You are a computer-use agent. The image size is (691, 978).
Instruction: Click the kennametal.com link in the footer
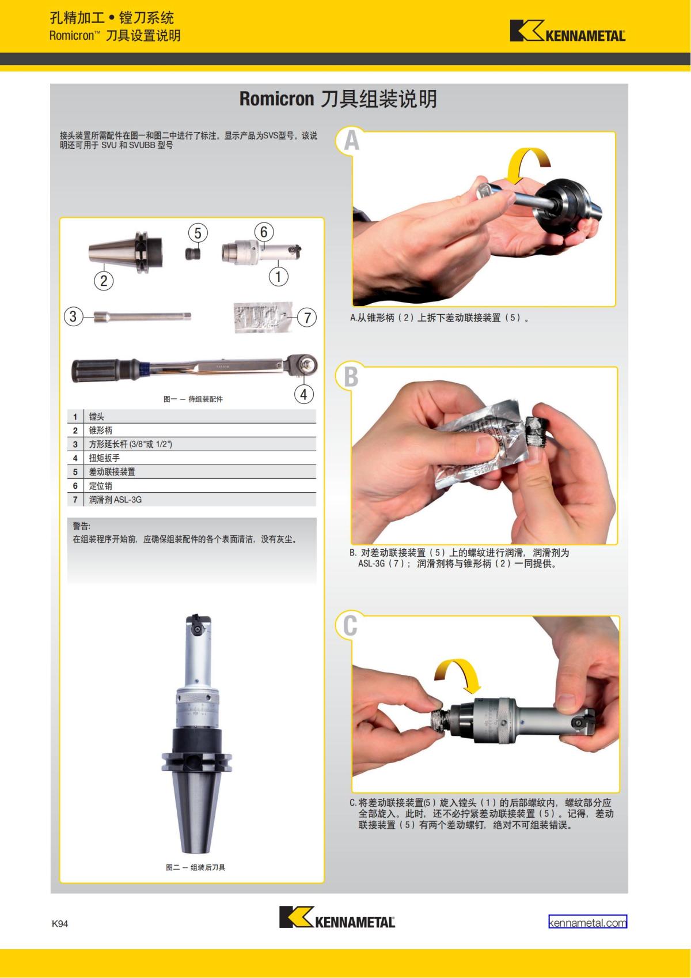[x=587, y=922]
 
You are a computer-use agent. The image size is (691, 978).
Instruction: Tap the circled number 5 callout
[x=198, y=233]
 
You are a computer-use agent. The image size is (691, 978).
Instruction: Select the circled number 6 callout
[x=264, y=232]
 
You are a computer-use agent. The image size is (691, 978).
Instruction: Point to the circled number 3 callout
[x=73, y=316]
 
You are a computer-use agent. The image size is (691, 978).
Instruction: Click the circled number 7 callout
[x=307, y=318]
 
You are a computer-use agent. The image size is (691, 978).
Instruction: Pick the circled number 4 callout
[x=303, y=394]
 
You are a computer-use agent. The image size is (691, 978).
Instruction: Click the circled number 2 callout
[x=104, y=280]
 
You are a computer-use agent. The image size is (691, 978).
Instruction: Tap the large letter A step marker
[x=351, y=141]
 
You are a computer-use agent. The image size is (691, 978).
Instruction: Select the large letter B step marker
[x=351, y=376]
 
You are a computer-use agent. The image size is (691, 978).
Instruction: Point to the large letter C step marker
[x=350, y=625]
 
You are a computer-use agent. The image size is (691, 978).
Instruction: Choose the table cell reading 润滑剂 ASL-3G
[x=115, y=500]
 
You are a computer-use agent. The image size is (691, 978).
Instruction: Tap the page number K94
[x=60, y=923]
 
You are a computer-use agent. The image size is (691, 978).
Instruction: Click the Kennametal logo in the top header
[x=568, y=31]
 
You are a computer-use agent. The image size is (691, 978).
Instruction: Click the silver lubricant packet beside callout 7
[x=263, y=316]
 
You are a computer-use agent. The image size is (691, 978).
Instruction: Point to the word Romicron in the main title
[x=276, y=99]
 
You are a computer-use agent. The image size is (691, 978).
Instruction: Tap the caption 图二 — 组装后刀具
[x=195, y=867]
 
